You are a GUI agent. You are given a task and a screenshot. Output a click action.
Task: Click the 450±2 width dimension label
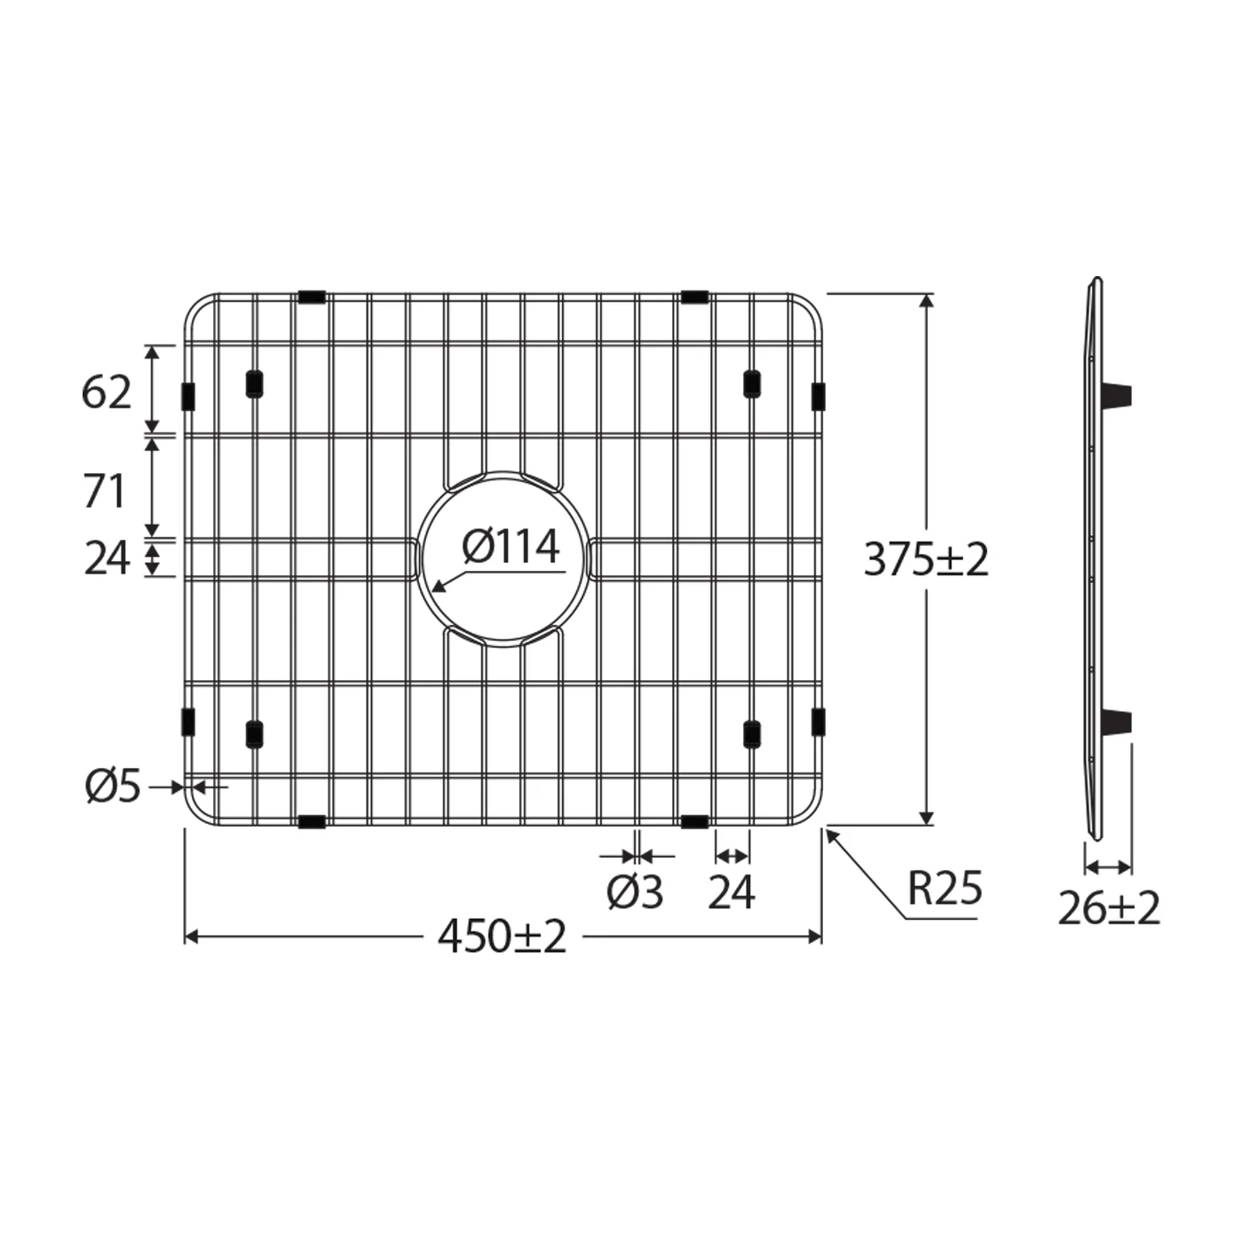pos(502,938)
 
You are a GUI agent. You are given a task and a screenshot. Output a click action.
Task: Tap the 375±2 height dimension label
pos(926,560)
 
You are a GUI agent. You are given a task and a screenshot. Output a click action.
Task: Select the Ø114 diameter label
pos(511,547)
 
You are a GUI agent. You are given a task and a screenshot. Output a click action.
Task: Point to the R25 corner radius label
pos(945,888)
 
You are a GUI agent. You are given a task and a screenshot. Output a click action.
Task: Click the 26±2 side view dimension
pos(1109,908)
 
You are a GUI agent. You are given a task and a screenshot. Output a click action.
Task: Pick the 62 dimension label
pos(107,392)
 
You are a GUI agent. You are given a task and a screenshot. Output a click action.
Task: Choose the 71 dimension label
pos(105,492)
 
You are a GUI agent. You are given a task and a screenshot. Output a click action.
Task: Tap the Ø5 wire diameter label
pos(113,787)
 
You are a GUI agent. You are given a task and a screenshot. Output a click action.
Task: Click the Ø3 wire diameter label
pos(635,893)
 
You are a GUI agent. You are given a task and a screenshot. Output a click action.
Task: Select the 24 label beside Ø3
pos(731,893)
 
